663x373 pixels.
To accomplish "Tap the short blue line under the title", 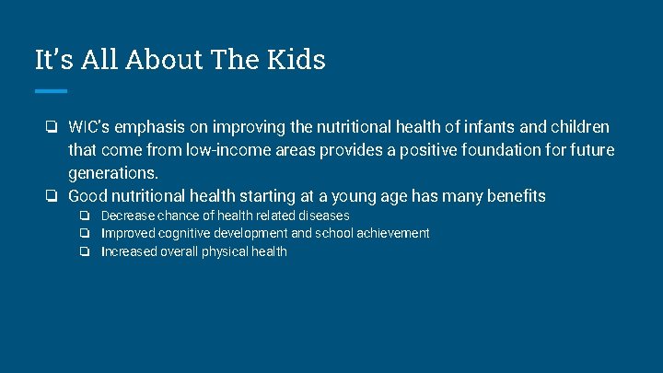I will tap(51, 91).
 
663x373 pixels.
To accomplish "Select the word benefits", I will tap(515, 195).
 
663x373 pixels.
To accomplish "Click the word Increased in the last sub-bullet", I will tap(130, 251).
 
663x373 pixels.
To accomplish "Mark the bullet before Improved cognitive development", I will tap(85, 233).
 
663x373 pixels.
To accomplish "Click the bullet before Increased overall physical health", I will tap(85, 251).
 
